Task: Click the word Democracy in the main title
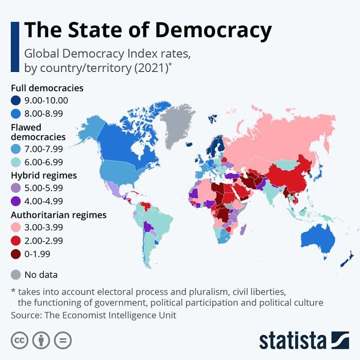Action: tap(213, 30)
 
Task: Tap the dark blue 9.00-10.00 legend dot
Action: tap(16, 101)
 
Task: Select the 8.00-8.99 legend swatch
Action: tap(16, 114)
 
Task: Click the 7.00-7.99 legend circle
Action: tap(16, 149)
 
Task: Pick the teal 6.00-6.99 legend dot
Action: tap(16, 162)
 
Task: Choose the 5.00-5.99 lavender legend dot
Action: tap(16, 188)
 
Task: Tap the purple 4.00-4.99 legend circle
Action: tap(16, 201)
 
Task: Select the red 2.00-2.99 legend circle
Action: tap(16, 241)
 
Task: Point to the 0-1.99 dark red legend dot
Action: tap(16, 254)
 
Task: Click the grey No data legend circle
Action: tap(16, 274)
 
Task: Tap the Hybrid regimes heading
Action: tap(44, 175)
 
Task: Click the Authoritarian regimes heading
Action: tap(59, 215)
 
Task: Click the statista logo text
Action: tap(293, 340)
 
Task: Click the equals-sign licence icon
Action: tap(63, 340)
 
